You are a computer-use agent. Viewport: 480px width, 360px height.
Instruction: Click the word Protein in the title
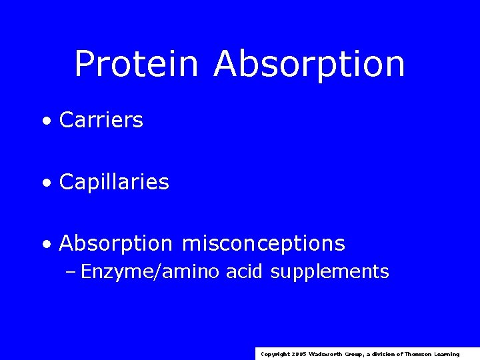tap(137, 65)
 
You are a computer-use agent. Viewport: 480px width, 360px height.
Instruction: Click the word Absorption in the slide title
tap(309, 65)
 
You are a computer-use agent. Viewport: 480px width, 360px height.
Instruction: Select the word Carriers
tap(101, 121)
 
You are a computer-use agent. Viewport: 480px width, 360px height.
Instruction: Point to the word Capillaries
tap(114, 182)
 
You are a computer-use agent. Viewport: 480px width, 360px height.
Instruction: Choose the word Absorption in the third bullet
tap(115, 244)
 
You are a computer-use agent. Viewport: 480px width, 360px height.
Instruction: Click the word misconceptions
tap(263, 244)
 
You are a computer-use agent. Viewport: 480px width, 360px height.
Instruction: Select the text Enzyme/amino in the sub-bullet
tap(150, 272)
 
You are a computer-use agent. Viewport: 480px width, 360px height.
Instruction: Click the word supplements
tap(330, 272)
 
